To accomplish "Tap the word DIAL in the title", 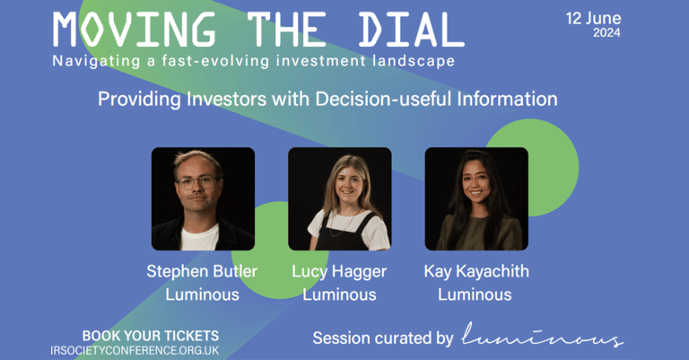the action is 411,30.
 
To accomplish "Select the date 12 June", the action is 593,19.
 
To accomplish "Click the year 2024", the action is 606,32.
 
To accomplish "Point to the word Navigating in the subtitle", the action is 96,61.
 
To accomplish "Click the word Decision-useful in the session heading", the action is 384,99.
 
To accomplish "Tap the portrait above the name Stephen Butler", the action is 203,198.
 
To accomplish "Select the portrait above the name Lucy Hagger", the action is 340,198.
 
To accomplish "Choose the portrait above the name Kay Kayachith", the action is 476,198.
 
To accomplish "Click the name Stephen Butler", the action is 202,271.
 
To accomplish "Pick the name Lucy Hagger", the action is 339,272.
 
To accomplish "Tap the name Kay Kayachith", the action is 476,272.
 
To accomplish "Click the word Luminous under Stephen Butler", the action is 202,294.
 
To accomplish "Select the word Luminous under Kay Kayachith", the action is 475,294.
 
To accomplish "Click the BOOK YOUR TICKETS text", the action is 151,336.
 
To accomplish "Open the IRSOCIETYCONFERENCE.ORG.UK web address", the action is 135,351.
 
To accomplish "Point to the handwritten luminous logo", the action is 542,335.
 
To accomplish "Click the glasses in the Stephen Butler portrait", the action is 196,181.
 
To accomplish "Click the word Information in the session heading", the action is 508,99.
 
